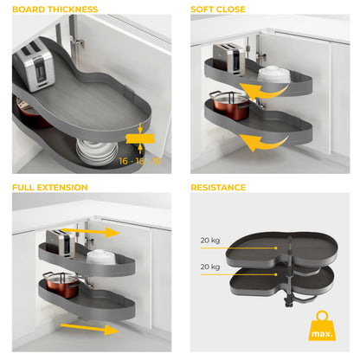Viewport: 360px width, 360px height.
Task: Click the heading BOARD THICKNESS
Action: point(55,10)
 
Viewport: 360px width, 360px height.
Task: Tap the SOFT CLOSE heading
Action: point(218,10)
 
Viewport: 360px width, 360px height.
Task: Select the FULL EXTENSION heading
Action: point(49,187)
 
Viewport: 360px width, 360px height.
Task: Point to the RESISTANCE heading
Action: point(218,187)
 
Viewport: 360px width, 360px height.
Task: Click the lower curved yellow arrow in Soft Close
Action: point(264,141)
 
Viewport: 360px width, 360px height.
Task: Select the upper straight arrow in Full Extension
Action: point(102,232)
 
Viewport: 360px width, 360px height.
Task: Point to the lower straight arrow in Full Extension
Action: point(102,329)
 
